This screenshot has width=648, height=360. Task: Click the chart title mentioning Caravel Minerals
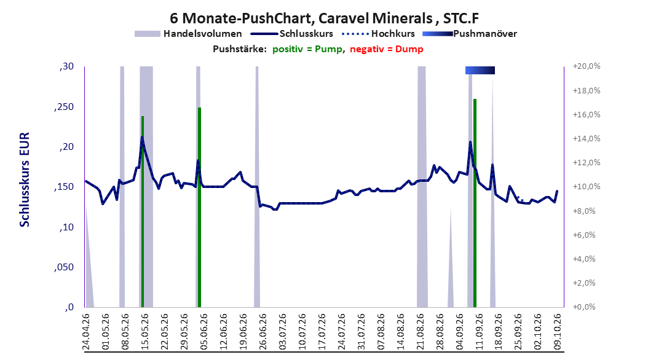point(325,18)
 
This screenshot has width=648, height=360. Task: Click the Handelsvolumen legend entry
point(189,34)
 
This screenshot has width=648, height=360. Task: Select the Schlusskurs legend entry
point(292,34)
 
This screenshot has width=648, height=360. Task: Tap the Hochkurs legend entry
point(379,34)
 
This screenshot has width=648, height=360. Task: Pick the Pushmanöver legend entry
point(470,34)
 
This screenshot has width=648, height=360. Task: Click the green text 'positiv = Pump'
point(307,49)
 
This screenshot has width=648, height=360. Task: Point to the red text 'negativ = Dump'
point(387,49)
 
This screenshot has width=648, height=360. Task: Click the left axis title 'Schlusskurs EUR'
point(25,179)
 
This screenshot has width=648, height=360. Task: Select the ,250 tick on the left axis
point(64,106)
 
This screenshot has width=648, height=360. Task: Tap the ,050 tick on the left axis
point(64,267)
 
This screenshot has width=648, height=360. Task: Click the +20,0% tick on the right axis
point(587,66)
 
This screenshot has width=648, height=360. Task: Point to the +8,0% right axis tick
point(585,211)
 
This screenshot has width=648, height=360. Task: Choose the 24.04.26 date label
point(86,332)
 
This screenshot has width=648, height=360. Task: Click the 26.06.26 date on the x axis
point(263,332)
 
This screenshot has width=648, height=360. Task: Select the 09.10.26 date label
point(558,332)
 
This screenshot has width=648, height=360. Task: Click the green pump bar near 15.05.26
point(143,211)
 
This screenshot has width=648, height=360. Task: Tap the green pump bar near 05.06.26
point(199,207)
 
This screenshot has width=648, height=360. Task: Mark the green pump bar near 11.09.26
point(475,203)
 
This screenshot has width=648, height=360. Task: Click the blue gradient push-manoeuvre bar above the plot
point(480,70)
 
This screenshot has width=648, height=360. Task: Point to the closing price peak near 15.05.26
point(142,137)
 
